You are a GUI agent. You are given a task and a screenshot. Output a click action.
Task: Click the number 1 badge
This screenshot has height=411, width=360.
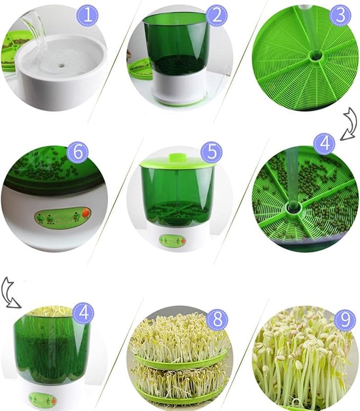coord(87,15)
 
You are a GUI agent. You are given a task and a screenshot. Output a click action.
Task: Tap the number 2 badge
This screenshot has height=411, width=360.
coord(217,15)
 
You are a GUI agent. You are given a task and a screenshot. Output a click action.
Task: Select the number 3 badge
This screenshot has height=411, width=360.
coord(340,15)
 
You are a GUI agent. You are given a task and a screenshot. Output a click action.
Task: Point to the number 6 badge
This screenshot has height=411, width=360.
coord(77,152)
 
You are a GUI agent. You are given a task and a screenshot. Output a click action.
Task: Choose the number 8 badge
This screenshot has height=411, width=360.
coord(217,320)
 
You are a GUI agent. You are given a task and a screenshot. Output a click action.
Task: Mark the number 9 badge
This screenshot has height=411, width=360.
coord(345,320)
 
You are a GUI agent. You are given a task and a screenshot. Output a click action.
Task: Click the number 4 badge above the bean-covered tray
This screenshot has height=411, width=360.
coord(324,144)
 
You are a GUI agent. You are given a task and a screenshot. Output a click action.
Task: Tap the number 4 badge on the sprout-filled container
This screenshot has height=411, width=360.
coord(83,313)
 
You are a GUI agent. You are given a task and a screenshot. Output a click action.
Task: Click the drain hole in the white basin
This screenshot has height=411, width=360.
coord(62,63)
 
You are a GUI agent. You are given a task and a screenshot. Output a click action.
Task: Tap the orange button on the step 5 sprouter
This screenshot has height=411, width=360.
coord(183,241)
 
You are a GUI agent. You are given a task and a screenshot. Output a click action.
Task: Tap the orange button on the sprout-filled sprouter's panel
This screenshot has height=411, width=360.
coord(54,401)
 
